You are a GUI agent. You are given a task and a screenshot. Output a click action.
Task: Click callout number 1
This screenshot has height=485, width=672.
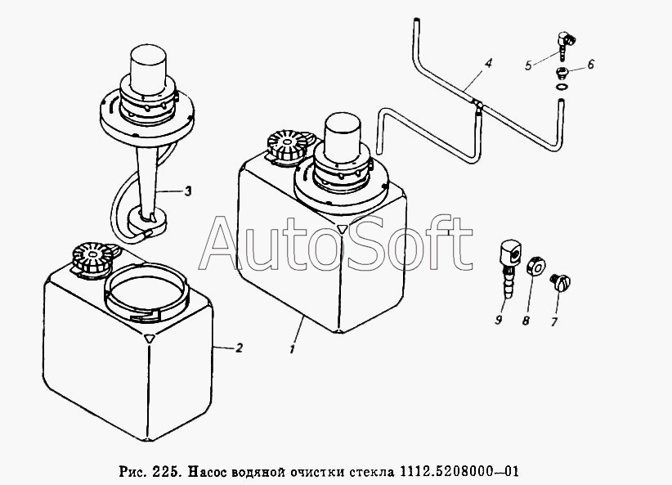tap(292, 348)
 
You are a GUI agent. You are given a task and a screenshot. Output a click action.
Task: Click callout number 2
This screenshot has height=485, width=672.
tap(240, 348)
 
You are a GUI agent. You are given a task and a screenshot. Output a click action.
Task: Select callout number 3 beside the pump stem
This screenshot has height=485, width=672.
tap(188, 191)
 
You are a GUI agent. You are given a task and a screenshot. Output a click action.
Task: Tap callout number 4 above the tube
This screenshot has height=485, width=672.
tap(488, 64)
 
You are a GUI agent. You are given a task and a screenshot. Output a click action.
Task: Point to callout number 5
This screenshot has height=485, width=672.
tap(528, 65)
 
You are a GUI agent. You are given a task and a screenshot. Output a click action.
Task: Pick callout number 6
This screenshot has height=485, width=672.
tap(590, 64)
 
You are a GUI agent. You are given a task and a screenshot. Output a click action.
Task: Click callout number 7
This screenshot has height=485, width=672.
tap(553, 321)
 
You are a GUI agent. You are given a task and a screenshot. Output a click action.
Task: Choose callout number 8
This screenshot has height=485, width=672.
tap(526, 321)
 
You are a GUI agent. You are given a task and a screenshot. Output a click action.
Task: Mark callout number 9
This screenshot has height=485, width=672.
tap(498, 320)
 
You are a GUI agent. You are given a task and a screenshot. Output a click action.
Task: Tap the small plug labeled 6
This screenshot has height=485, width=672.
tap(562, 73)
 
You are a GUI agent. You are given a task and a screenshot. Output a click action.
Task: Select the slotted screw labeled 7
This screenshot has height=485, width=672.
tap(560, 283)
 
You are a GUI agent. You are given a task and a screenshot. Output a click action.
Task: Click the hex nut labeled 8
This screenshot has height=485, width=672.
tap(535, 266)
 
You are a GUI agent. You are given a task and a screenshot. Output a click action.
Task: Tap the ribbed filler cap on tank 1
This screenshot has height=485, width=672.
tap(288, 146)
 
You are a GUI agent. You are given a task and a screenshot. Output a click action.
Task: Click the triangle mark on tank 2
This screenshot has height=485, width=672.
tap(149, 338)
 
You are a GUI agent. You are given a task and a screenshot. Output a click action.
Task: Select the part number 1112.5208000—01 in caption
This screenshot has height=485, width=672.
tap(459, 472)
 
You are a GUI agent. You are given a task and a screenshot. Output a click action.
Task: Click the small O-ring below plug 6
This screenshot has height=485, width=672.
tap(562, 88)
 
